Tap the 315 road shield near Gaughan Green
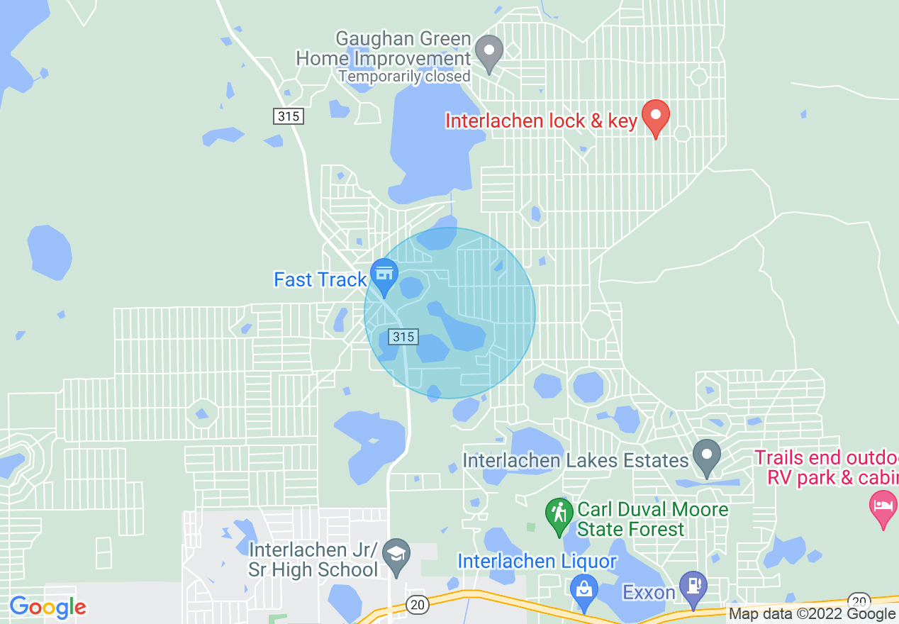(x=289, y=116)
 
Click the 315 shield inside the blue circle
(x=403, y=337)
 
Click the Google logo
(x=48, y=607)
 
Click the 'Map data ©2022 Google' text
(x=812, y=614)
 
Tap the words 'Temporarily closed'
(x=404, y=76)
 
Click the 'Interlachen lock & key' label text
(x=541, y=121)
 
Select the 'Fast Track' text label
(x=320, y=280)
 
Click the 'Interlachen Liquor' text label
(x=537, y=561)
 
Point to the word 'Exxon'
(x=648, y=591)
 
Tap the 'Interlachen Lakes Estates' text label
(x=576, y=461)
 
